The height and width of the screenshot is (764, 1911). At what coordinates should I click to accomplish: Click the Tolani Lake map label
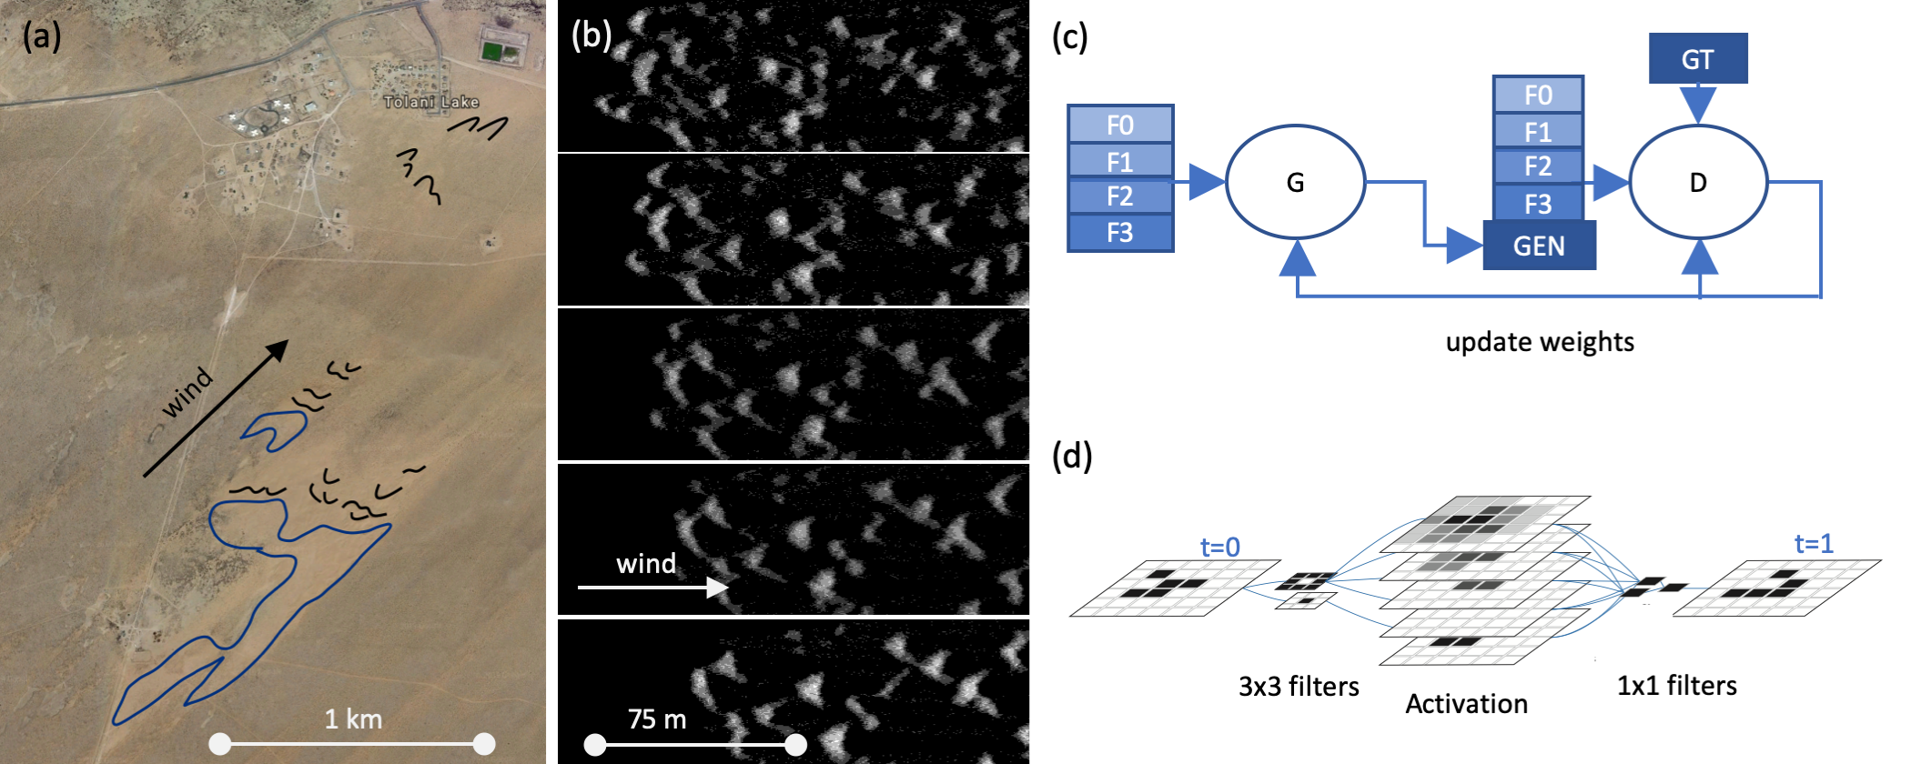(x=430, y=102)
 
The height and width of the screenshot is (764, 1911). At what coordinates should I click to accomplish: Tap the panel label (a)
(x=42, y=36)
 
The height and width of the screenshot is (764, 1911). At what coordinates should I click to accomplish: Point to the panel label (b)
(x=591, y=35)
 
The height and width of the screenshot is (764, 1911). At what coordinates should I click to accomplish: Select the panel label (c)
(x=1069, y=37)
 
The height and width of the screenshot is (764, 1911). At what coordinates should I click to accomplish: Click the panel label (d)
(x=1072, y=455)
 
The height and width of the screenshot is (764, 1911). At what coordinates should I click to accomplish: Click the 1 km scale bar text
(x=353, y=719)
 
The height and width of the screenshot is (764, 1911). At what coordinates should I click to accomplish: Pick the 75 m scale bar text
(x=656, y=719)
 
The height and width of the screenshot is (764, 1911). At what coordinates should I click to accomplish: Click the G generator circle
(x=1295, y=183)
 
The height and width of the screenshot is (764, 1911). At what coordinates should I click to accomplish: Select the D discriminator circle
(x=1697, y=183)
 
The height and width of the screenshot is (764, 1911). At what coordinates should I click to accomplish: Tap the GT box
(x=1697, y=59)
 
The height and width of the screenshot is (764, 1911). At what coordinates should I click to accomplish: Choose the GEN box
(x=1539, y=246)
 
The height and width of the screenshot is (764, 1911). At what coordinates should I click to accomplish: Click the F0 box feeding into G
(x=1120, y=125)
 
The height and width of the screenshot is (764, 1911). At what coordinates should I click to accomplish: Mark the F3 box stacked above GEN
(x=1538, y=204)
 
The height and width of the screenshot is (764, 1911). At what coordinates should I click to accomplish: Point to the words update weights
(x=1540, y=342)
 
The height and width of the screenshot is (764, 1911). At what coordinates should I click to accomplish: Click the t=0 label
(x=1219, y=547)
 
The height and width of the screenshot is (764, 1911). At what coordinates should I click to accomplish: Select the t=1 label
(x=1813, y=544)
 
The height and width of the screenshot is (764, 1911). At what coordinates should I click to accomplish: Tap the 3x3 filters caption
(x=1299, y=687)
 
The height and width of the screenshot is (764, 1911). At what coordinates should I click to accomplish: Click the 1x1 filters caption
(x=1676, y=686)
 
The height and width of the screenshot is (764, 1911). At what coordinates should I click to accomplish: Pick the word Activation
(x=1466, y=704)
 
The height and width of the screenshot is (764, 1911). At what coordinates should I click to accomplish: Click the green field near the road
(x=492, y=50)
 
